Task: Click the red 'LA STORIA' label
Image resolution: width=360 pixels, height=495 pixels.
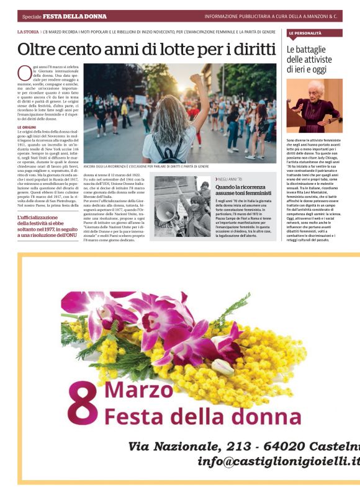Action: [x=28, y=30]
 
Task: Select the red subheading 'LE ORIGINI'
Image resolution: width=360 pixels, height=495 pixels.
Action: [x=27, y=127]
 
